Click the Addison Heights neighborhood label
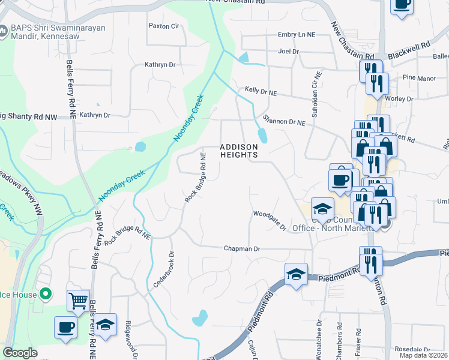(x=238, y=151)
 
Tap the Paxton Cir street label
(x=164, y=26)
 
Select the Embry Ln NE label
(x=296, y=35)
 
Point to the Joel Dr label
(x=288, y=52)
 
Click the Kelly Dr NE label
(x=261, y=91)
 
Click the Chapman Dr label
(x=242, y=248)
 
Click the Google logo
(x=20, y=353)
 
